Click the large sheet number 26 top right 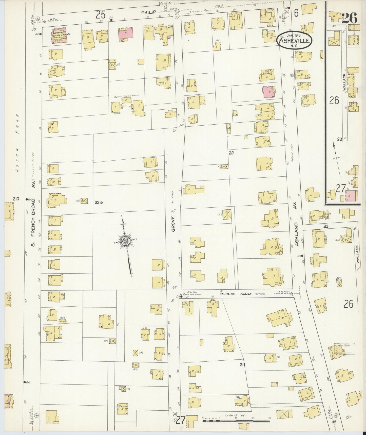[349, 18]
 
